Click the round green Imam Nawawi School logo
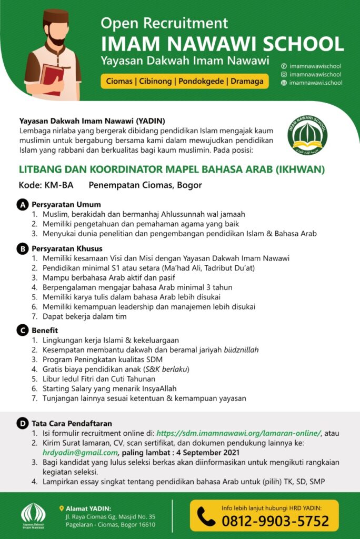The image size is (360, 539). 307,135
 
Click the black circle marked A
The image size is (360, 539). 22,205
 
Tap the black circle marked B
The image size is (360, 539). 22,248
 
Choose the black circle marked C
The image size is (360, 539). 22,331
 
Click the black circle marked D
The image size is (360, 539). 22,423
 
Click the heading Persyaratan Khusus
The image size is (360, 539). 67,248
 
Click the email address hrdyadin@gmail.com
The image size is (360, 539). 80,452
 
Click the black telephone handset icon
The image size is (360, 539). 206,516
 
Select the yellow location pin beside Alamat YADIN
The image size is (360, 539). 62,508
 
